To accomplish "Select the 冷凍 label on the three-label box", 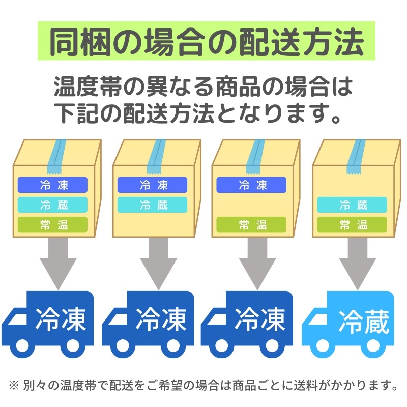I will [53, 184].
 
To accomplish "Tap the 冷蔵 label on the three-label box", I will [53, 205].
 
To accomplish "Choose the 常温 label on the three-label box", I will [53, 224].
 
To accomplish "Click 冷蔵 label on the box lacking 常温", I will [153, 205].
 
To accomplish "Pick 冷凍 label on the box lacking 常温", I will [153, 184].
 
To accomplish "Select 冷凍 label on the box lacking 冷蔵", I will [252, 184].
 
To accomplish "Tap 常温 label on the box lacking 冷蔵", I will [252, 224].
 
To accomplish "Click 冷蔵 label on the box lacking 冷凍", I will [352, 205].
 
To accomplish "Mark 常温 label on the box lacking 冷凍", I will [352, 224].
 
